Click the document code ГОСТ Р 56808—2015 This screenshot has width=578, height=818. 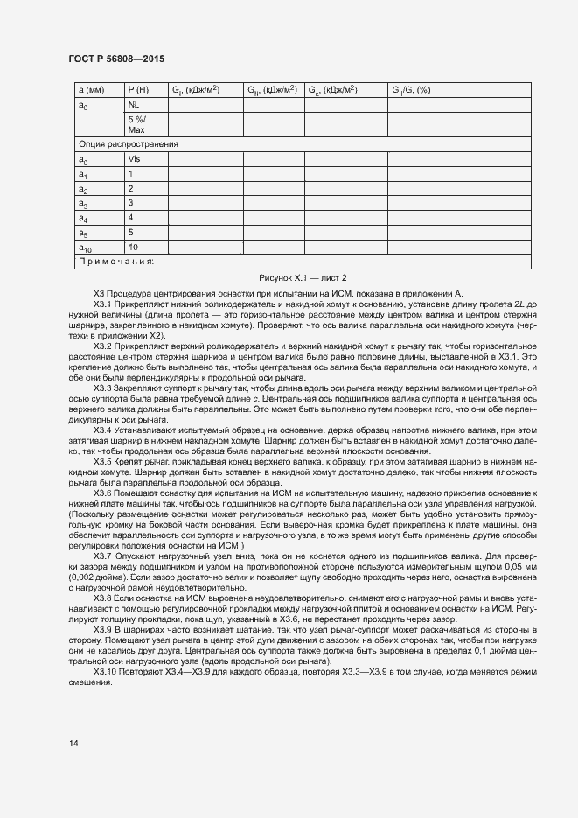click(x=115, y=58)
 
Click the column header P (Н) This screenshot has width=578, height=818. click(x=138, y=90)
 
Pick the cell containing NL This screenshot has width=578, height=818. click(x=134, y=105)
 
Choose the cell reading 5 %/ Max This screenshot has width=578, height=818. click(x=136, y=124)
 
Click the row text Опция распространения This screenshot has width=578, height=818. click(x=129, y=144)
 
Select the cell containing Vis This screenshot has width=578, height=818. click(x=134, y=159)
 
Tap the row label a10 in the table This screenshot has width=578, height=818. click(x=85, y=248)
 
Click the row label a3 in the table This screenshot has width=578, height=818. click(x=83, y=203)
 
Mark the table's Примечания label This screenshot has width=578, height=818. click(x=116, y=261)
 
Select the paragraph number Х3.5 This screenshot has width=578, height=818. click(x=103, y=461)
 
